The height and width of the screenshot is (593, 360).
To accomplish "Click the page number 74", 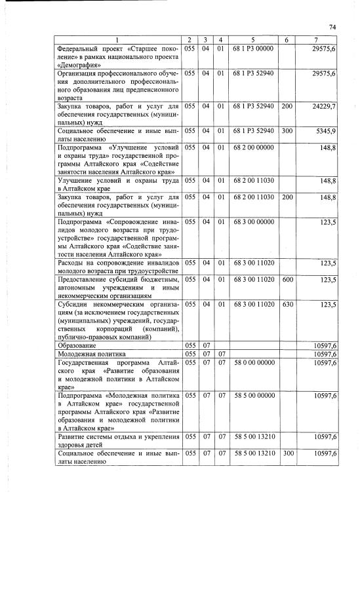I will (332, 27).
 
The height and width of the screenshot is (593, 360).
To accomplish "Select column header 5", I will (252, 41).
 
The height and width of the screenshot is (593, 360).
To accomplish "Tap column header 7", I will (317, 41).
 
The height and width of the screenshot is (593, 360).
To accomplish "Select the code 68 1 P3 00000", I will (252, 48).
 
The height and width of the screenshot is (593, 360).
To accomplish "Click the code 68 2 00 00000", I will (252, 147).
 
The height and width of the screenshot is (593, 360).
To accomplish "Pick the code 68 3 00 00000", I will (252, 222).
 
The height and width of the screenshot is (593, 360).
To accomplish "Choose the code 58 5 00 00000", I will (252, 396).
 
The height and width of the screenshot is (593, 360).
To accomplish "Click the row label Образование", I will (77, 345).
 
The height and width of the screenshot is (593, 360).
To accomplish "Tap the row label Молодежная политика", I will (90, 354).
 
